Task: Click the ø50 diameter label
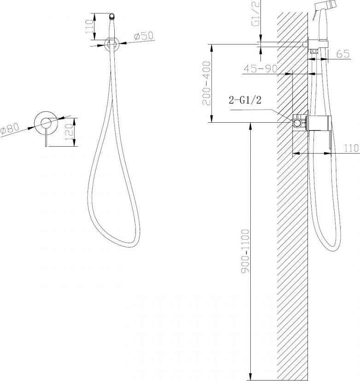[x=144, y=36]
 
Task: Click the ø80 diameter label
[x=10, y=129]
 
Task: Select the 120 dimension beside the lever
[x=70, y=132]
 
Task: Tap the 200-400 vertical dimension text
[x=207, y=83]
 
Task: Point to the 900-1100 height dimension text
[x=245, y=251]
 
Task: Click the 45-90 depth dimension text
[x=260, y=69]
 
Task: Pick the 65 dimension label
[x=343, y=54]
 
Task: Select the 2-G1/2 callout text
[x=245, y=100]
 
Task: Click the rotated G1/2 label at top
[x=256, y=13]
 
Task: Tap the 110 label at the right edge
[x=351, y=148]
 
